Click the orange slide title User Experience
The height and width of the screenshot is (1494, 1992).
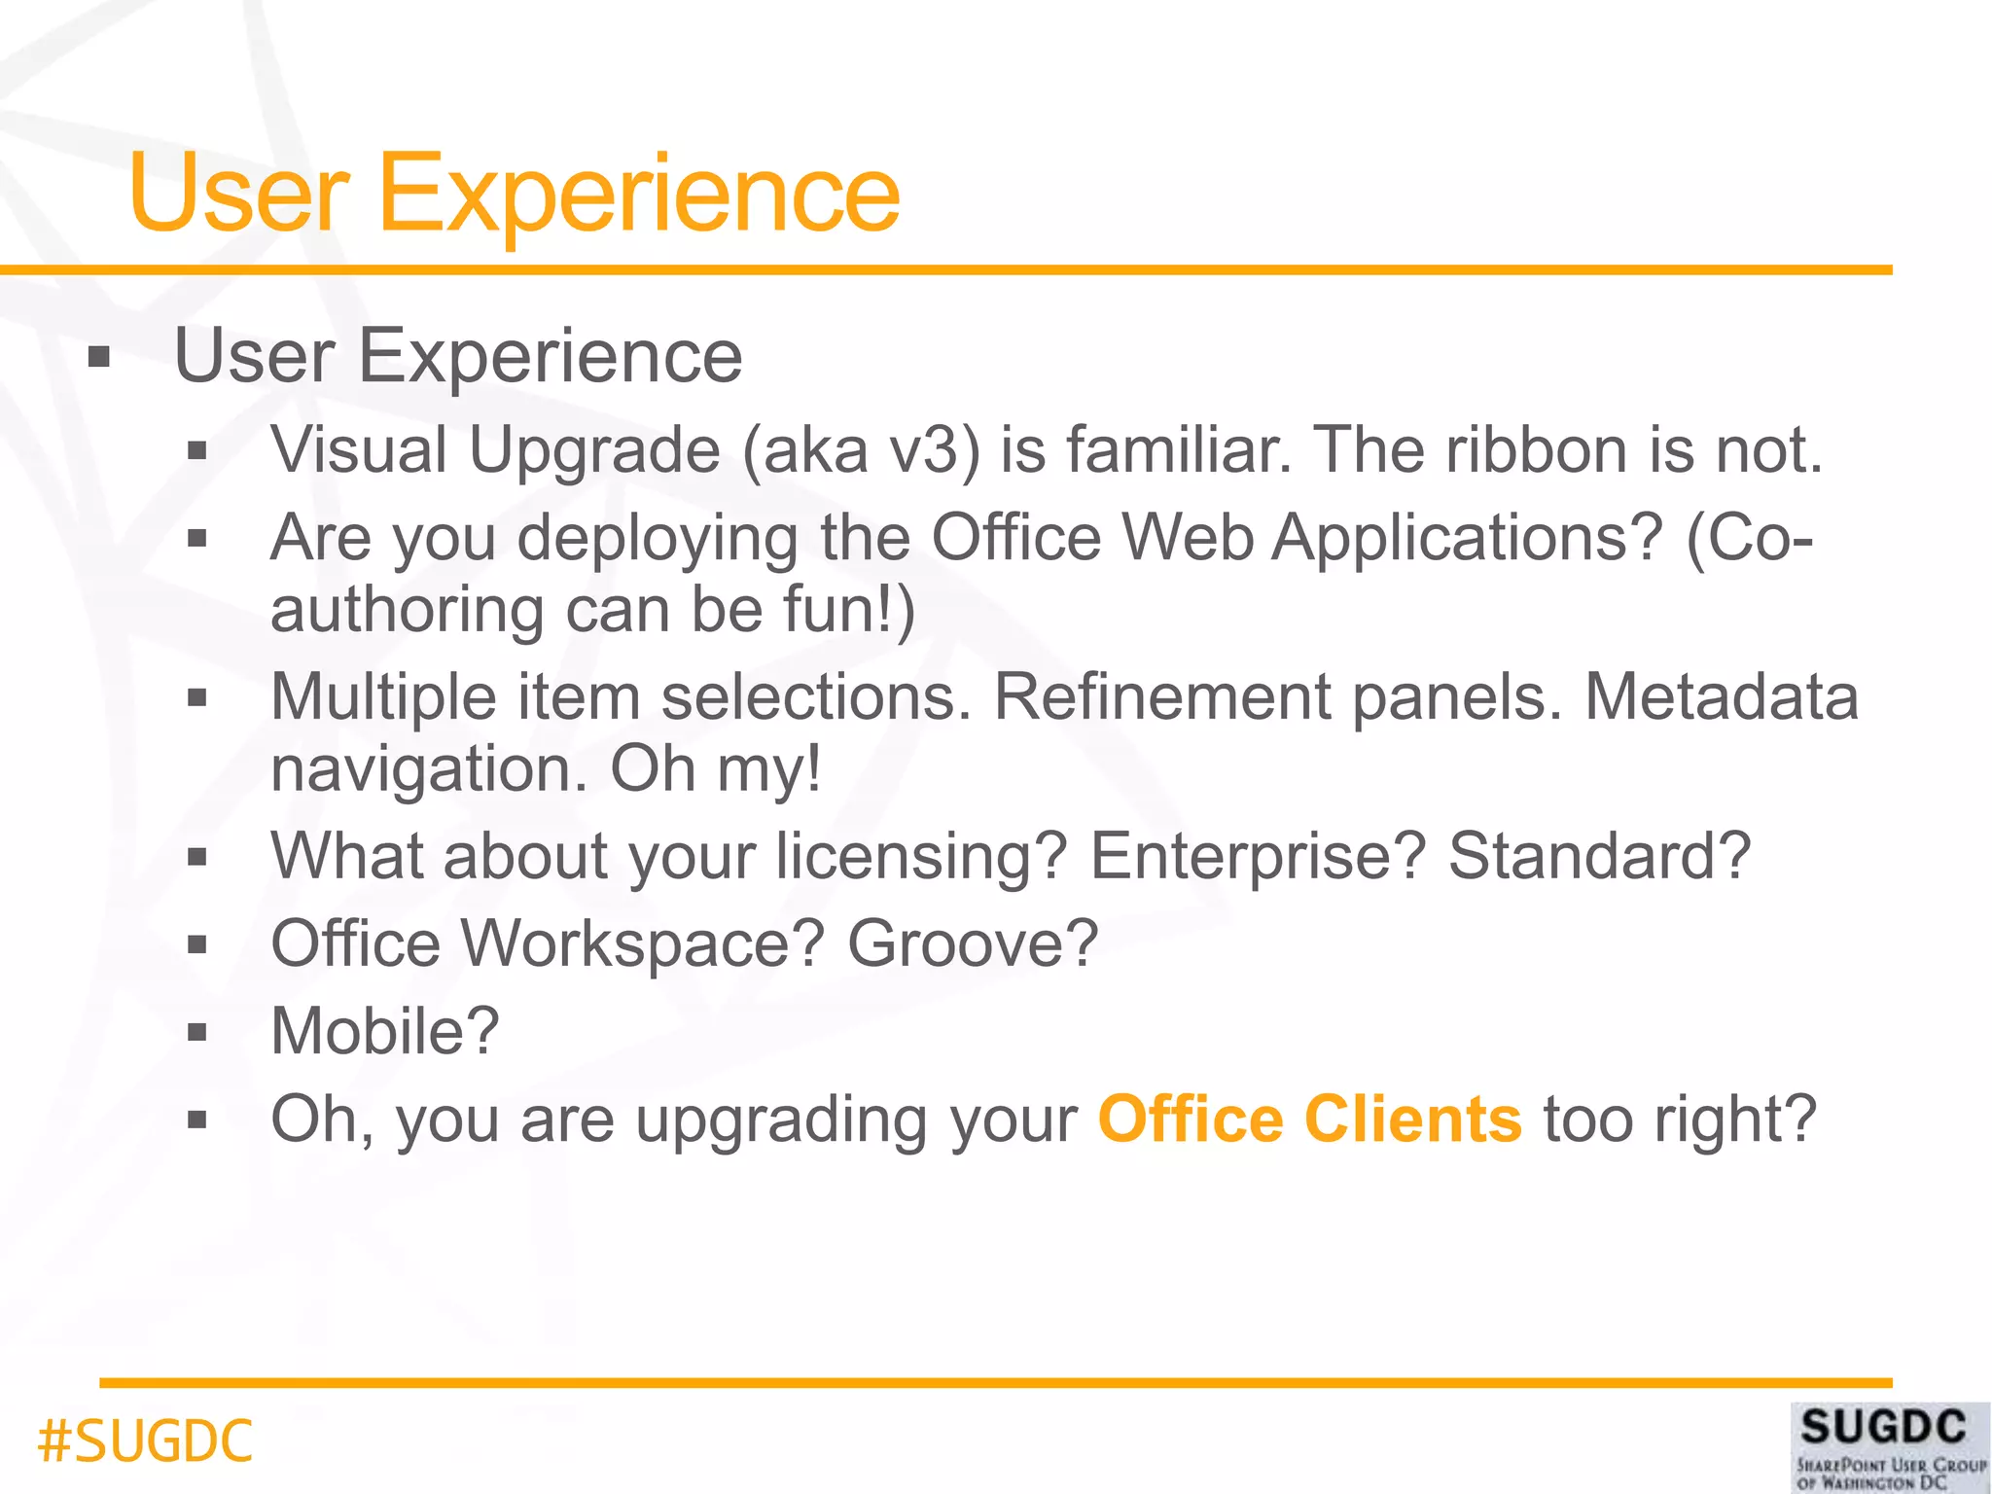click(x=514, y=195)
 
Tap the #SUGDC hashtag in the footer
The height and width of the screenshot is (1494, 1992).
click(x=145, y=1441)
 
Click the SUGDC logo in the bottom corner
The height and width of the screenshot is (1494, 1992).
click(x=1890, y=1446)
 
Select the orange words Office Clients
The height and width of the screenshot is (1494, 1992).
click(x=1309, y=1120)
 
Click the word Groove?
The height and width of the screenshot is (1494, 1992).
click(x=973, y=943)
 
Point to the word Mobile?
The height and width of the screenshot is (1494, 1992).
click(x=385, y=1031)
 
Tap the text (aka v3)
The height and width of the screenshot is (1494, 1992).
click(x=862, y=450)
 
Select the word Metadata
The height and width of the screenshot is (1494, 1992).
click(x=1722, y=697)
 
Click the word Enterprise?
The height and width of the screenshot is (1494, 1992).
click(x=1258, y=856)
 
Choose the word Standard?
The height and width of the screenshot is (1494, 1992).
click(x=1599, y=856)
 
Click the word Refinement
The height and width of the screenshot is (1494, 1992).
click(x=1161, y=697)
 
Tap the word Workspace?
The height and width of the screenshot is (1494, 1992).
click(x=643, y=943)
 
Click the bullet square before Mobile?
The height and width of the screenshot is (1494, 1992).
click(x=197, y=1032)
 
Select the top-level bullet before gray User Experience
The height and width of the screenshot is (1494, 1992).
click(x=98, y=358)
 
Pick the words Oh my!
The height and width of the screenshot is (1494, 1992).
click(x=716, y=769)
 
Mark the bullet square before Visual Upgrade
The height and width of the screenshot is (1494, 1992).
click(x=197, y=451)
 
